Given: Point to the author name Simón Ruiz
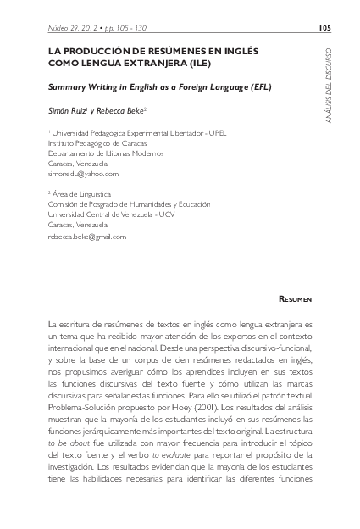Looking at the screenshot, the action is point(69,111).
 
